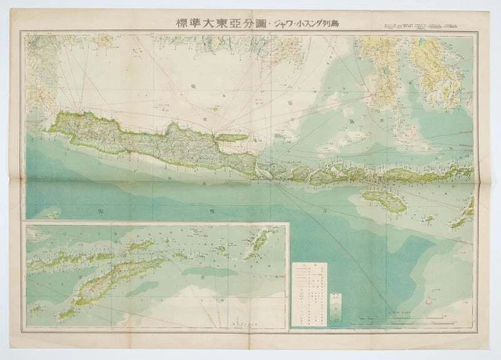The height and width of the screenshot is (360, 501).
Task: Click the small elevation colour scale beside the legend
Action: [336, 303]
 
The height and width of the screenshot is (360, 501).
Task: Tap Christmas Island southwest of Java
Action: [50, 212]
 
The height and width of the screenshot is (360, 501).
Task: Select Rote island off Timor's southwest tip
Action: [66, 312]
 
